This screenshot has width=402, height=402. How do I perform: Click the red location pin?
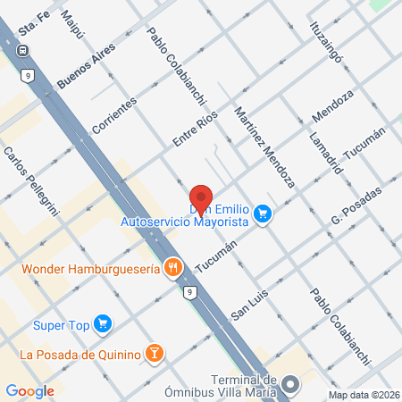201,198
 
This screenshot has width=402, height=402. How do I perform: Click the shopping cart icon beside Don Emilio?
263,214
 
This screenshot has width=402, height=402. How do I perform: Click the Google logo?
30,390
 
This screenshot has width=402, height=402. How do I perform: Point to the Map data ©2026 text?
363,395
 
